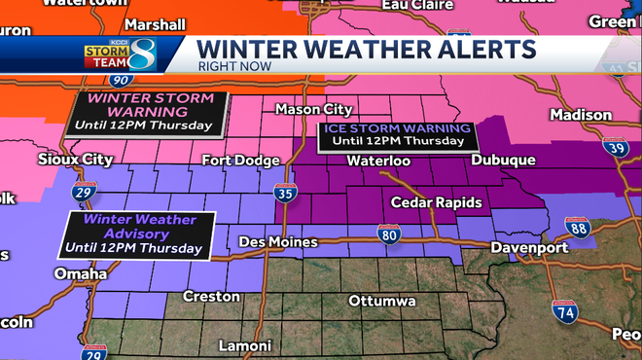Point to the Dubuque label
coord(502,161)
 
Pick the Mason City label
coord(311,109)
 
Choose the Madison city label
coord(581,115)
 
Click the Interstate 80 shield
coord(388,234)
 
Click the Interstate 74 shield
coord(564,311)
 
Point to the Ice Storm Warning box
coord(395,134)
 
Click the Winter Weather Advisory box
coord(134,234)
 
